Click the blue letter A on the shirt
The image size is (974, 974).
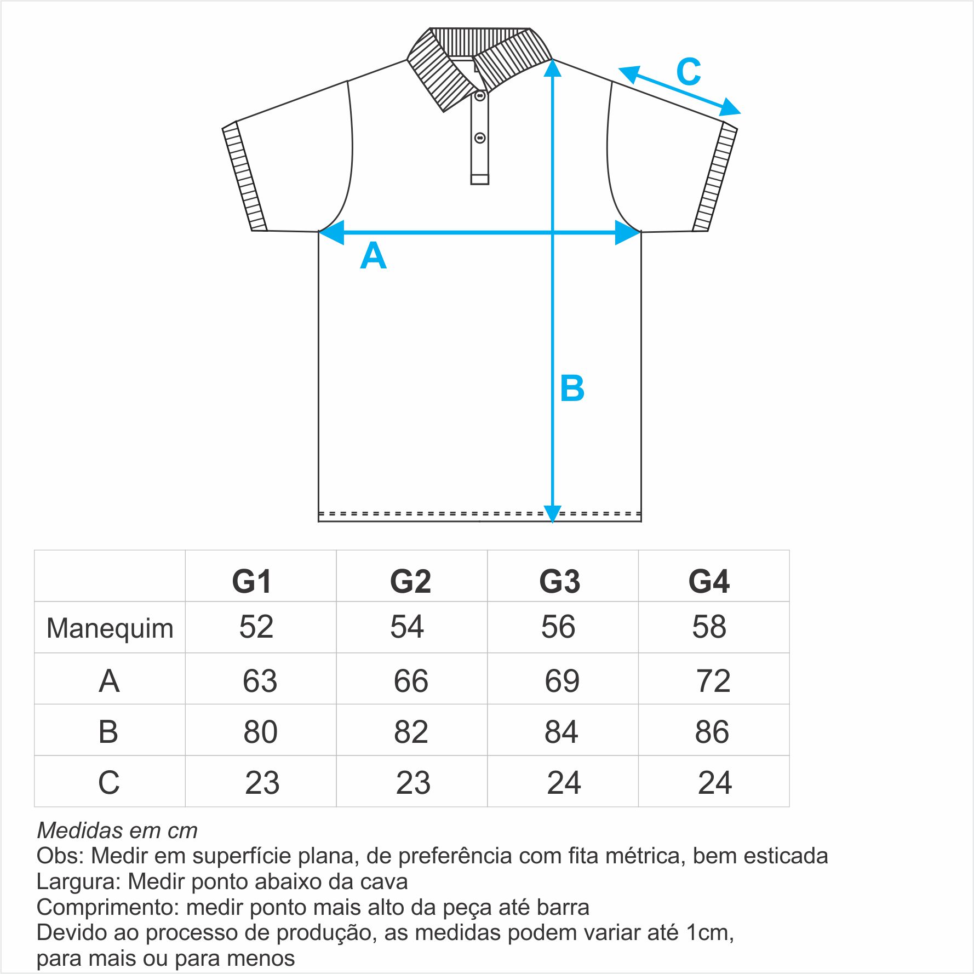coord(373,256)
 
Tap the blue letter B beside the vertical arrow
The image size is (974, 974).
coord(572,388)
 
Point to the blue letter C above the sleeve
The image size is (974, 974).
coord(689,72)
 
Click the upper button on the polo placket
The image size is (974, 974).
coord(480,96)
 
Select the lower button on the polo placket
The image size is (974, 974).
coord(480,138)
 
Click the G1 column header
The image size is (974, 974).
coord(252,581)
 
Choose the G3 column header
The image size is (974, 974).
coord(560,581)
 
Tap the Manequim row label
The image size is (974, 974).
coord(110,628)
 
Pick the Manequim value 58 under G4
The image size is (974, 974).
coord(709,627)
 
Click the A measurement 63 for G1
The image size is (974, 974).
coord(260,681)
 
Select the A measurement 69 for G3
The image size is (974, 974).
coord(562,681)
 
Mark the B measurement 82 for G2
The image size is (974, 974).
coord(411,732)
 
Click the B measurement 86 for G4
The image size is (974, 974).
coord(712,732)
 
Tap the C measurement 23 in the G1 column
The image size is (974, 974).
coord(262,783)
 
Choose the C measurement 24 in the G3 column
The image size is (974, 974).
coord(564,783)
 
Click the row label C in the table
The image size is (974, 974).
coord(109,783)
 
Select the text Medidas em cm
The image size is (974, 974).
coord(117,830)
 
